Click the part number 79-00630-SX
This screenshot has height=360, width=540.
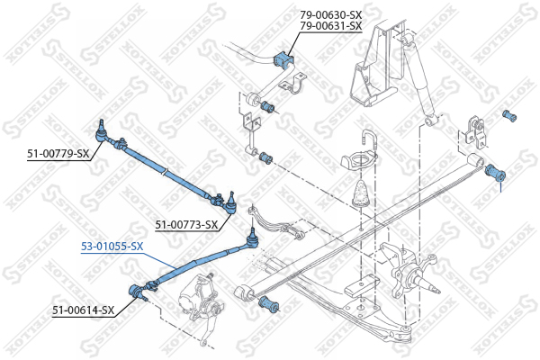tap(330, 14)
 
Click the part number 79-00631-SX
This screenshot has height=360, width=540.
tap(330, 26)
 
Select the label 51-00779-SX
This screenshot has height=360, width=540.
tap(58, 154)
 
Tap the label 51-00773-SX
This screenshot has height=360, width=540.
tap(186, 225)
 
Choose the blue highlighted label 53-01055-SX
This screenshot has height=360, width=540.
tap(112, 247)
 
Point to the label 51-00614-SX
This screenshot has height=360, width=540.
tap(83, 310)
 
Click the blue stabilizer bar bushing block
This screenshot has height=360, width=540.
tap(283, 59)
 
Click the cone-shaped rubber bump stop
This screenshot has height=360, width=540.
tap(361, 193)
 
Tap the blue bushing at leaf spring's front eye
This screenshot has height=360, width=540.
tap(269, 304)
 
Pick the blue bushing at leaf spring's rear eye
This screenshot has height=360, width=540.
tap(495, 173)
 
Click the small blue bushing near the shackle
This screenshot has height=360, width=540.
tap(509, 116)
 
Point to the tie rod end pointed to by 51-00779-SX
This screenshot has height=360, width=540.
tap(101, 132)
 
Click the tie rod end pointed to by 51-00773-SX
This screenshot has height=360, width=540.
tap(230, 203)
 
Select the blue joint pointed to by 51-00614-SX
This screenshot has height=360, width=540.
tap(134, 292)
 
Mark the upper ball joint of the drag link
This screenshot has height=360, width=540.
tap(253, 238)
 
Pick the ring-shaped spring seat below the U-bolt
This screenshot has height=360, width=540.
tap(359, 161)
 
